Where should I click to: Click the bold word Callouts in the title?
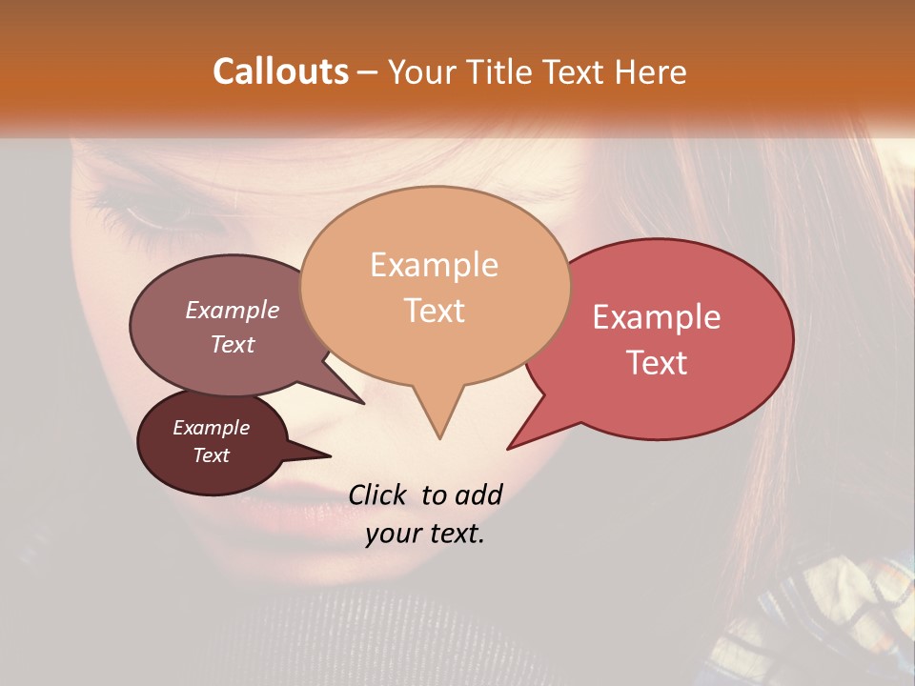pyautogui.click(x=280, y=71)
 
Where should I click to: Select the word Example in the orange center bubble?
pyautogui.click(x=434, y=265)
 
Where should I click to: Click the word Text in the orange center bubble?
pyautogui.click(x=434, y=311)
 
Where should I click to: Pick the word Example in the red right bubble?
pyautogui.click(x=657, y=317)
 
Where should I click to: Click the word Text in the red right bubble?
pyautogui.click(x=657, y=363)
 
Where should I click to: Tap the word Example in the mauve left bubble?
pyautogui.click(x=233, y=311)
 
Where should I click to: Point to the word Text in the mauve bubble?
pyautogui.click(x=233, y=345)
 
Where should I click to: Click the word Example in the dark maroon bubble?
pyautogui.click(x=212, y=428)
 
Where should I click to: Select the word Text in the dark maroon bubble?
pyautogui.click(x=212, y=455)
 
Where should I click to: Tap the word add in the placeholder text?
pyautogui.click(x=478, y=494)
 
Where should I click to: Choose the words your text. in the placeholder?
pyautogui.click(x=425, y=535)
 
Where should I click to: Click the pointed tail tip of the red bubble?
pyautogui.click(x=509, y=448)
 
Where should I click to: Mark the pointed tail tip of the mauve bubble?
pyautogui.click(x=363, y=403)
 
